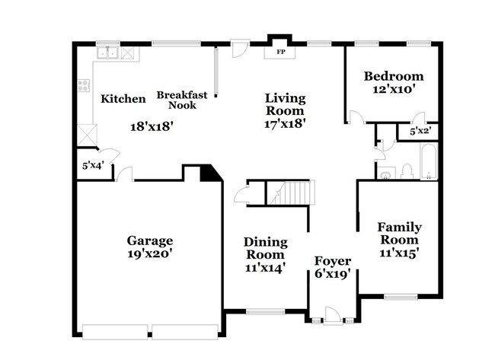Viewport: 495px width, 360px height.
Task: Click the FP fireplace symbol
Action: [279, 53]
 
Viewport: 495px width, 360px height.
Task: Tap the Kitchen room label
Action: [123, 99]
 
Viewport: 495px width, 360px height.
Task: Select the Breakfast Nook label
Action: [177, 100]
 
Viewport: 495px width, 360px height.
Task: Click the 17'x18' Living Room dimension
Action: [285, 123]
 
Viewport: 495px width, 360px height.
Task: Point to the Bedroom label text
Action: [393, 76]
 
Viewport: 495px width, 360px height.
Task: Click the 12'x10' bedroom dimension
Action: [393, 90]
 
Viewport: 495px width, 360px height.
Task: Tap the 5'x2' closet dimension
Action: [420, 132]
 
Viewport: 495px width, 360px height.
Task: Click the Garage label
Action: [149, 241]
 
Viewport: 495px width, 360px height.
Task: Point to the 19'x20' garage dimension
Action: [149, 254]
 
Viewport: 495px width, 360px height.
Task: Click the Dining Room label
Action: [265, 248]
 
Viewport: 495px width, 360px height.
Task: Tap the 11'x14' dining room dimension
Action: [265, 268]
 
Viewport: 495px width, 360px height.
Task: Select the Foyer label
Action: [333, 261]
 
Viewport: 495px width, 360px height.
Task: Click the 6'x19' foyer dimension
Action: [333, 275]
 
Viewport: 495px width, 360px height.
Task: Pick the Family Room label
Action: [400, 233]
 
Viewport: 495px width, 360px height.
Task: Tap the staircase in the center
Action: [290, 193]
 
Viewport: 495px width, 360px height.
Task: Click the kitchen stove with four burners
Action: [82, 87]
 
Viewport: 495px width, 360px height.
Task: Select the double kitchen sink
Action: [109, 53]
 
